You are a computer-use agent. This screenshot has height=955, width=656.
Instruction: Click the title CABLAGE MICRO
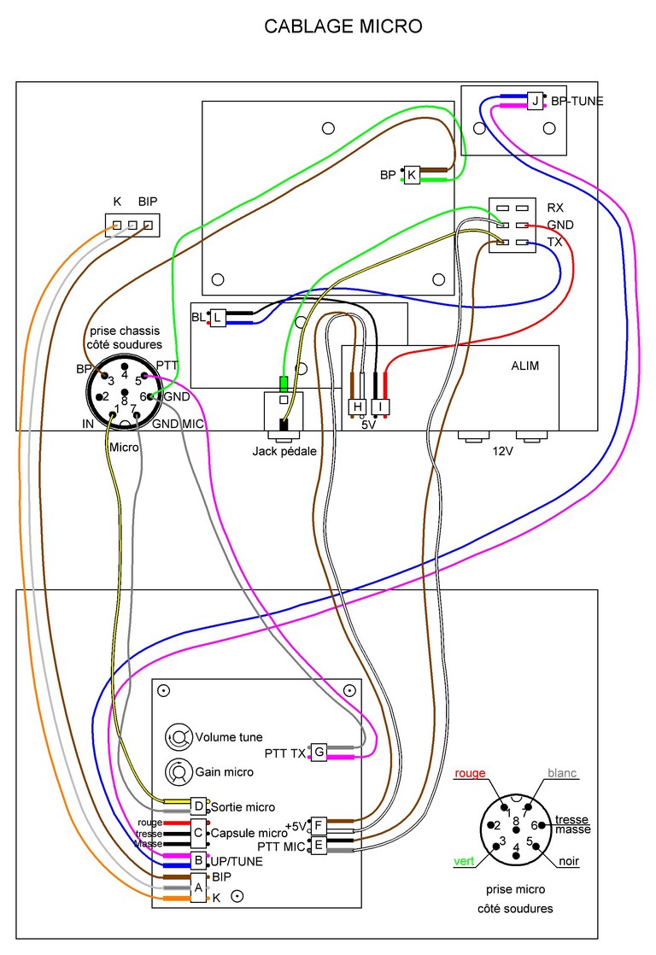343,27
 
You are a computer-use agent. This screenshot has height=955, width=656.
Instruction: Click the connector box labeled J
536,101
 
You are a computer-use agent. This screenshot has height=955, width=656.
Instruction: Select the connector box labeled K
413,175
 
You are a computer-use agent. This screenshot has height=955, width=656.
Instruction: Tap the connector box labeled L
219,318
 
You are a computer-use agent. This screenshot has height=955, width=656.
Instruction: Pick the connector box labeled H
357,407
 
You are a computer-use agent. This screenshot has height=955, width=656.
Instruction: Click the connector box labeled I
380,407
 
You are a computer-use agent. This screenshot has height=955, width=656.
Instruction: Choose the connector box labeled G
319,752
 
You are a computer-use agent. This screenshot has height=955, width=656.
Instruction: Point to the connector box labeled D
198,806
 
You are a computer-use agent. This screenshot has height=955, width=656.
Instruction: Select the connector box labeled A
198,888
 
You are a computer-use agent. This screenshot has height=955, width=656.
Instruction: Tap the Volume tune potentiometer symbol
179,735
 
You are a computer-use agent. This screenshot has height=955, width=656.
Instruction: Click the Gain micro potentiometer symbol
179,770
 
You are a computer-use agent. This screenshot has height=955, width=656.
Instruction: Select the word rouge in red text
470,773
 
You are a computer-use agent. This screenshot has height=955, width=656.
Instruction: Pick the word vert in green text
465,862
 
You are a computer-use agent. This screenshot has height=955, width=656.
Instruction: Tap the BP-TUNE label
577,101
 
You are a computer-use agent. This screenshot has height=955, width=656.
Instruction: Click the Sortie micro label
243,806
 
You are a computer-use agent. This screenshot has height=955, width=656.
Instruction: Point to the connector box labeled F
319,825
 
